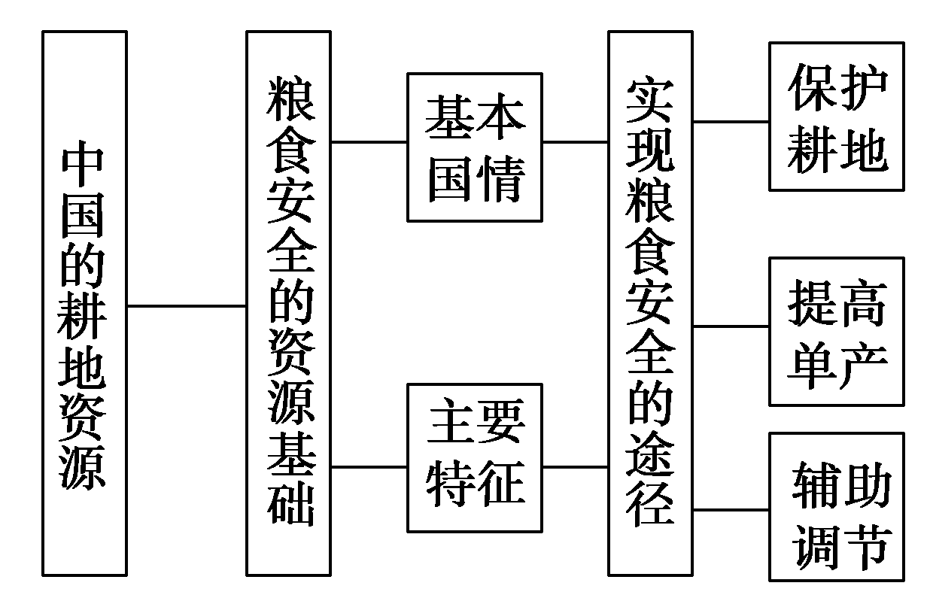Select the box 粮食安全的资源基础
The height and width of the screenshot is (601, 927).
click(289, 303)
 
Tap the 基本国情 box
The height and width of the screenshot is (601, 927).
click(474, 147)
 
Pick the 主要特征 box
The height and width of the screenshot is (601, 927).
click(474, 457)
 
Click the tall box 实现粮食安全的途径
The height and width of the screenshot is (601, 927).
click(650, 303)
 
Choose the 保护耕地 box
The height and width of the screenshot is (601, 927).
click(836, 117)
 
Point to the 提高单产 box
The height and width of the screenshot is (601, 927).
click(836, 331)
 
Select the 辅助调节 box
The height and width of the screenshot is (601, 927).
click(836, 506)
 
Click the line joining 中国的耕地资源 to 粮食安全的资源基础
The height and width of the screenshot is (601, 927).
click(187, 306)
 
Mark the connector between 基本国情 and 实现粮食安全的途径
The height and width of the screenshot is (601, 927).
click(575, 141)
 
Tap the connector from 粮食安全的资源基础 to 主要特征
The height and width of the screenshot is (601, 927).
click(369, 466)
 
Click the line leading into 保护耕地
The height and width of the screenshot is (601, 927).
click(730, 121)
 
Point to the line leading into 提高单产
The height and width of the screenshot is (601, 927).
click(730, 326)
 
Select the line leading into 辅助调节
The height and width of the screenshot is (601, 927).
click(730, 510)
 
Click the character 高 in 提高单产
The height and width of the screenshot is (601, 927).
click(862, 305)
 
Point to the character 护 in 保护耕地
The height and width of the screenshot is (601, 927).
click(862, 89)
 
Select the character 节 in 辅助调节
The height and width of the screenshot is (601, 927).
click(862, 545)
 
